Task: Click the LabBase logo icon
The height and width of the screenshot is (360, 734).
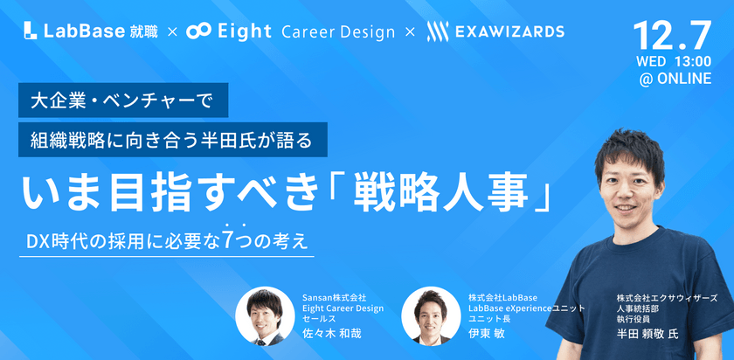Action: point(31,31)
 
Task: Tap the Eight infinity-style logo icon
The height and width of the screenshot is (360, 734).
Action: point(198,31)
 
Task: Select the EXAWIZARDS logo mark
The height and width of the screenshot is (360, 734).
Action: point(438,31)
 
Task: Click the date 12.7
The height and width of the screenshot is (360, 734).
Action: point(672,36)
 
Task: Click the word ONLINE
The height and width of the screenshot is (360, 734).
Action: point(684,79)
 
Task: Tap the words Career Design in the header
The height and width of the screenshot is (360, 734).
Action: point(338,32)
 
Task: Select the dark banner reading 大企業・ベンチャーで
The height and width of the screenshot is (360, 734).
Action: point(123,100)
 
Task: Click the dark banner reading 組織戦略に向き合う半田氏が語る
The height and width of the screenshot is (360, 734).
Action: point(173,140)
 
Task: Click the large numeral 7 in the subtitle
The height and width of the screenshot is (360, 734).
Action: point(228,239)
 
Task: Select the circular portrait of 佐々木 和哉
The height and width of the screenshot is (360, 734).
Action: point(265,316)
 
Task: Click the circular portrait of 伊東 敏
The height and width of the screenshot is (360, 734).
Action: point(431,316)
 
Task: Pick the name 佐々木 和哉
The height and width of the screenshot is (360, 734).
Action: point(332,335)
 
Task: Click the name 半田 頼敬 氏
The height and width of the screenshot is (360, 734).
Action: point(647,335)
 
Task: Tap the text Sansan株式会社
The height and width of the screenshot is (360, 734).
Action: point(334,298)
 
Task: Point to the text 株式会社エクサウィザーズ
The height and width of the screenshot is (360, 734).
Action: point(667,298)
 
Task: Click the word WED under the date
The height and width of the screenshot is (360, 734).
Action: point(651,62)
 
